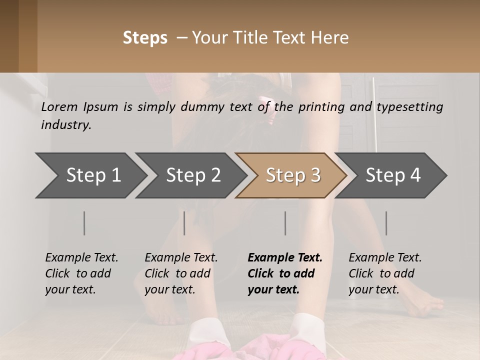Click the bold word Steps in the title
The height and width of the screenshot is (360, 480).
point(145,38)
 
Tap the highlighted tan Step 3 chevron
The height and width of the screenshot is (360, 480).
point(293,175)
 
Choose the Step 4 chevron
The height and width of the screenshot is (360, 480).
point(393,175)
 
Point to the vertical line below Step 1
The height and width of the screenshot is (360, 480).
point(84,223)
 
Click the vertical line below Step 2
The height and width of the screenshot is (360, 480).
point(184,223)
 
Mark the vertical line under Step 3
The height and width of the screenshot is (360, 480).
point(285,223)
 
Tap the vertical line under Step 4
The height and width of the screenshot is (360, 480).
point(386,223)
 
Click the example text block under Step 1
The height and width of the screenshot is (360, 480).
point(81,273)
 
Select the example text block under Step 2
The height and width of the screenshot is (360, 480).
point(181,273)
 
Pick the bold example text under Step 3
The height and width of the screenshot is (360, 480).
point(285,273)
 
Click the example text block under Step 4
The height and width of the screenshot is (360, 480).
point(385,273)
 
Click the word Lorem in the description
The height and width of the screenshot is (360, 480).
point(59,107)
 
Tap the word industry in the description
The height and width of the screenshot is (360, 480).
point(66,125)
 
